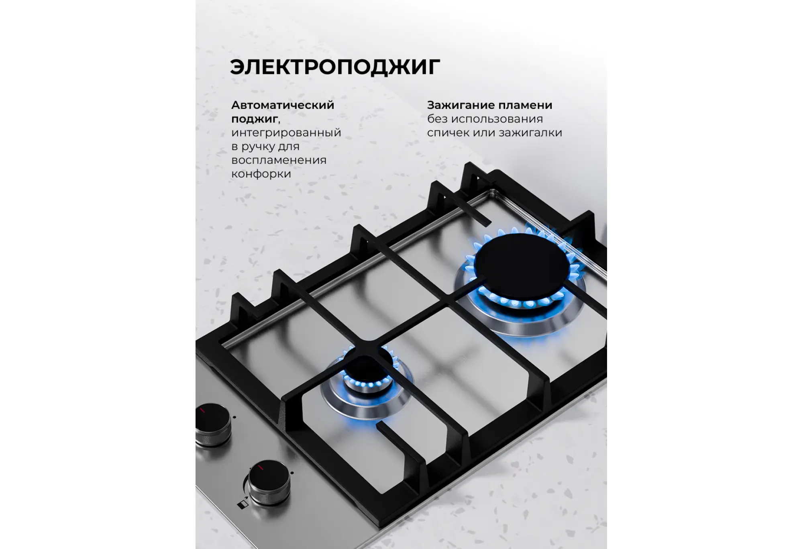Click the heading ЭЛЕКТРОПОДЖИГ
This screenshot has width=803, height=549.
coord(335,67)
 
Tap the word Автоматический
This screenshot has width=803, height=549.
coord(283,105)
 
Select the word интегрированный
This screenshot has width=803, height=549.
coord(286,133)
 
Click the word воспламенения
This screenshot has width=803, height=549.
coord(279,160)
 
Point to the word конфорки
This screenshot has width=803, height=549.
coord(261,174)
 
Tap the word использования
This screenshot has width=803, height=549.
coord(497,119)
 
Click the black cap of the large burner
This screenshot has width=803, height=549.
coord(522,263)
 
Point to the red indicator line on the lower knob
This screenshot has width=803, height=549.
coord(260,467)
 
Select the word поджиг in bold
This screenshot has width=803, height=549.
coord(255,119)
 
